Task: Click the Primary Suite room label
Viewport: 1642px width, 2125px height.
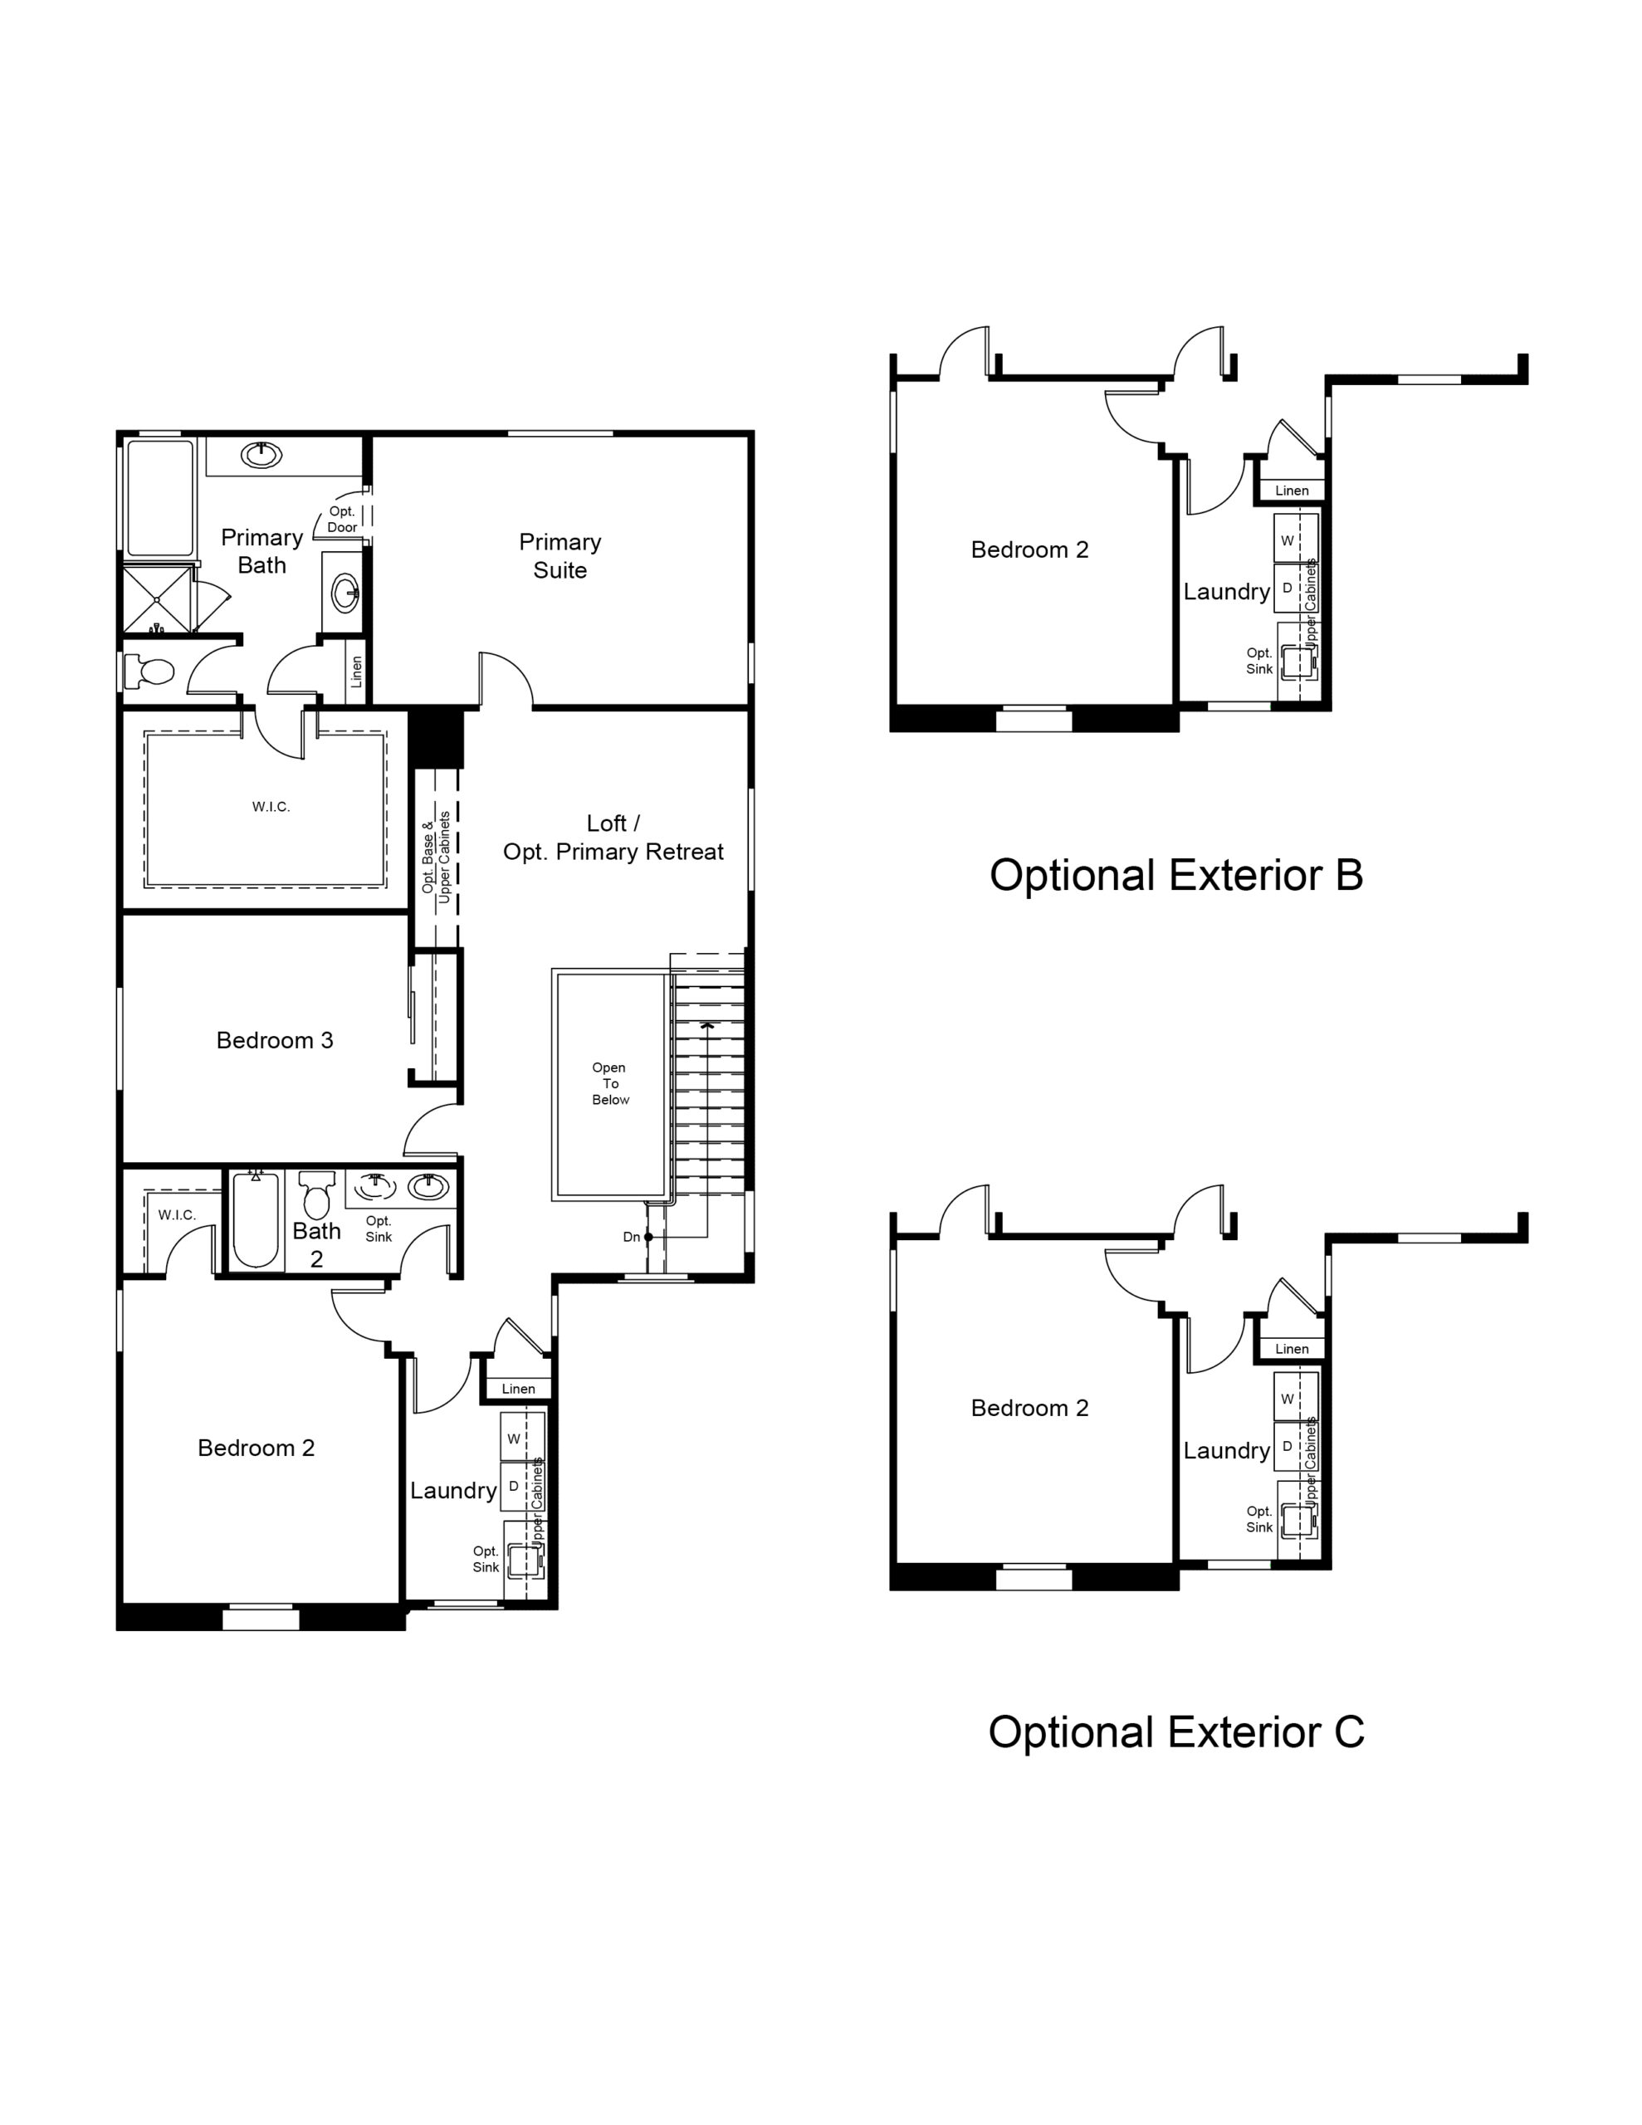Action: [560, 555]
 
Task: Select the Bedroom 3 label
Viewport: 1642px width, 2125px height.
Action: [275, 1040]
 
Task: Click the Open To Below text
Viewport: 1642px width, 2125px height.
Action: [610, 1083]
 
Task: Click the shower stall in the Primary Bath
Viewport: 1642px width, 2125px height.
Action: [157, 599]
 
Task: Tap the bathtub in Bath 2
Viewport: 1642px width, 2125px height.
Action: [256, 1220]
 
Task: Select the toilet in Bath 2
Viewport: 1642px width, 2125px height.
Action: [316, 1194]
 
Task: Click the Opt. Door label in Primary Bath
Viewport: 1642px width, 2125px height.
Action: [342, 520]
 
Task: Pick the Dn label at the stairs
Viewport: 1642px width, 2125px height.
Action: [632, 1237]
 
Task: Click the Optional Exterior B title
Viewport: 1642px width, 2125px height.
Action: [1175, 875]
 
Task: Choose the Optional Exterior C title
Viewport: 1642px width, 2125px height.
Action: [1175, 1731]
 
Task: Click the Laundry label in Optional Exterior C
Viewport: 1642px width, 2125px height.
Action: [1226, 1451]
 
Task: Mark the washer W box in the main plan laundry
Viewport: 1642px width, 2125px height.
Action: [514, 1438]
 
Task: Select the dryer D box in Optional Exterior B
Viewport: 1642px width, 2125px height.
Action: [1288, 589]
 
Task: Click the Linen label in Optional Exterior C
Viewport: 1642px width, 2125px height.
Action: [1292, 1349]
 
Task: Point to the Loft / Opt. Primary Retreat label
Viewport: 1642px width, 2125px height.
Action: [613, 838]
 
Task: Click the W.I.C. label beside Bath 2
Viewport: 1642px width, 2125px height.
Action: [177, 1214]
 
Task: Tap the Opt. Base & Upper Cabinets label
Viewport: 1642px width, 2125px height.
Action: [436, 857]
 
